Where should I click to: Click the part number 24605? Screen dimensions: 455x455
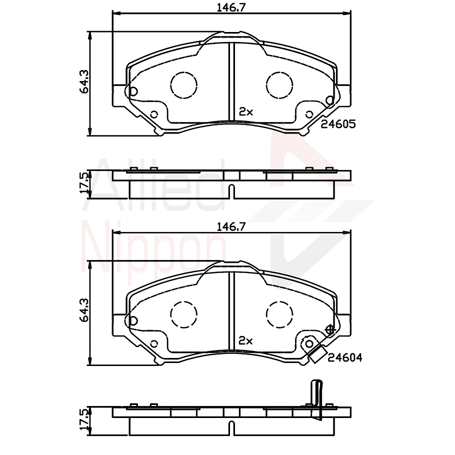pyautogui.click(x=338, y=124)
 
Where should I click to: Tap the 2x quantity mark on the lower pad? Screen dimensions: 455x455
pyautogui.click(x=246, y=340)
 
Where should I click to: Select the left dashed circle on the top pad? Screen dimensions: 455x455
pyautogui.click(x=184, y=84)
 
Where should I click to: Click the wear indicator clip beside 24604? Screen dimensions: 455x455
pyautogui.click(x=315, y=355)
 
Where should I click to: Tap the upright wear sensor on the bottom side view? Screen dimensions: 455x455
pyautogui.click(x=316, y=397)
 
